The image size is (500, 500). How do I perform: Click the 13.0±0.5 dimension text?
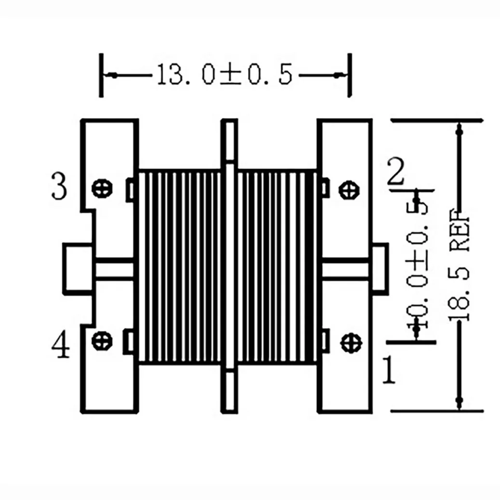click(224, 76)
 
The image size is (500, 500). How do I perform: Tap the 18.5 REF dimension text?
click(459, 267)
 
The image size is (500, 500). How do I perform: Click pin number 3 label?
click(59, 188)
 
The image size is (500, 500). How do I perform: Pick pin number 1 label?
click(389, 370)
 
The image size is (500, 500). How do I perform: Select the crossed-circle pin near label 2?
click(349, 189)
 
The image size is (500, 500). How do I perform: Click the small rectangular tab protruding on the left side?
click(77, 268)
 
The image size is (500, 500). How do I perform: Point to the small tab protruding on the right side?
click(380, 268)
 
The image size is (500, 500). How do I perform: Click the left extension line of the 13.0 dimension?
click(101, 76)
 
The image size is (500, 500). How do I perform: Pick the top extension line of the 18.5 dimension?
click(436, 120)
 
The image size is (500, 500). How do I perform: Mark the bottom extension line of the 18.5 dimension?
click(436, 411)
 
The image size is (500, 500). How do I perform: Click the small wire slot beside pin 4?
click(130, 341)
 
